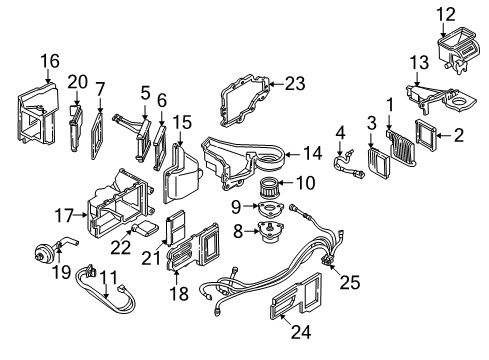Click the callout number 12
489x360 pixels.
point(445,12)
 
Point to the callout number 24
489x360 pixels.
point(293,348)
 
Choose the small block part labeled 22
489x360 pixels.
point(149,229)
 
